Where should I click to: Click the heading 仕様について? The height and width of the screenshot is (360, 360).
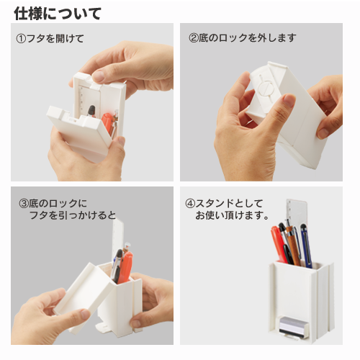[x=58, y=14]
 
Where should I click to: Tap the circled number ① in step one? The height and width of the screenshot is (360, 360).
[x=21, y=39]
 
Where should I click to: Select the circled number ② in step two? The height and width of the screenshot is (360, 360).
[x=194, y=38]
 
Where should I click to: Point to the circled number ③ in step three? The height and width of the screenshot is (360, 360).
[x=24, y=204]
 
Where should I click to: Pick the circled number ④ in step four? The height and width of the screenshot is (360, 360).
[x=190, y=204]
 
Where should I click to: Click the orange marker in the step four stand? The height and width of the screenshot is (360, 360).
[x=279, y=244]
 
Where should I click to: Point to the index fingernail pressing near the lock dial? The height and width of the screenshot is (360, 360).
[x=289, y=100]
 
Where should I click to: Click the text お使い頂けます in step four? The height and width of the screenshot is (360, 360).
[x=228, y=215]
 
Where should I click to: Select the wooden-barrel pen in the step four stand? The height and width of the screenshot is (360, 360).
[x=294, y=246]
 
